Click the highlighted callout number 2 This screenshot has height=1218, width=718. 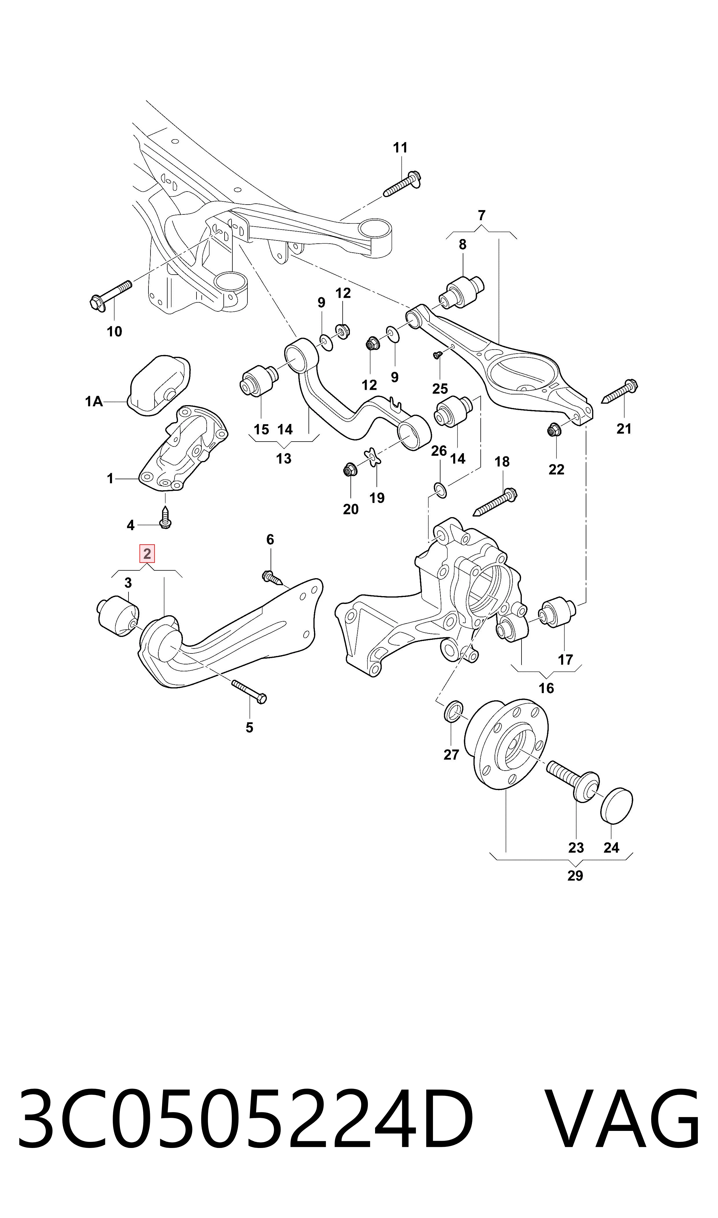click(x=147, y=553)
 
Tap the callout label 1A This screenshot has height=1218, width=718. click(x=94, y=401)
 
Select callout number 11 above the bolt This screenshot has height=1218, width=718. click(x=400, y=148)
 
